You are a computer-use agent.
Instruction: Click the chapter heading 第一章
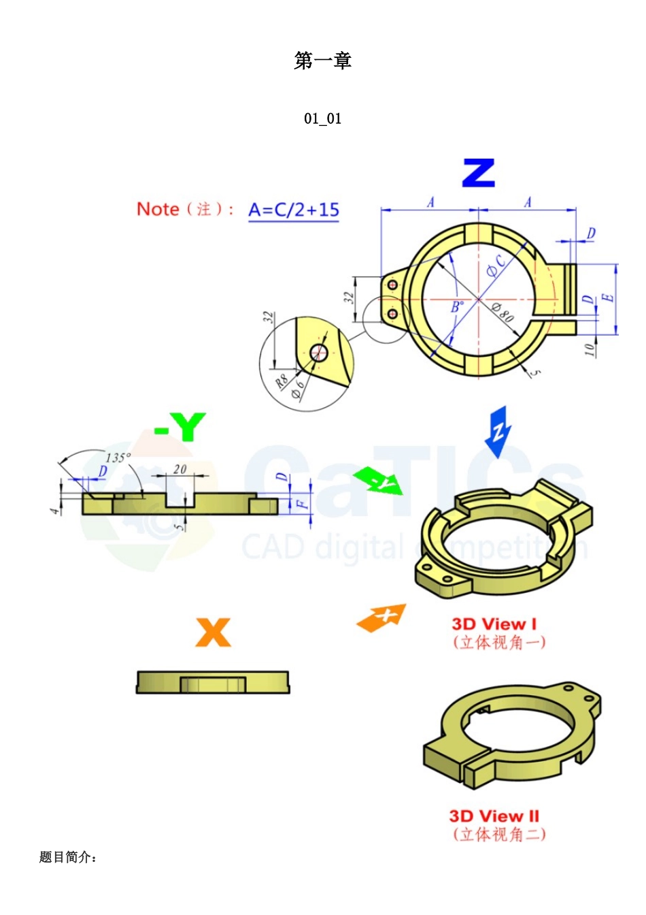point(322,61)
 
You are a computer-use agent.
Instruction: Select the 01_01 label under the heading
point(322,118)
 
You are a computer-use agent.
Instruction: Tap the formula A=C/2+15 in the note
point(293,210)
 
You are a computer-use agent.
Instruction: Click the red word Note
point(158,209)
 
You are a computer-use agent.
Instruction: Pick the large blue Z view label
point(478,174)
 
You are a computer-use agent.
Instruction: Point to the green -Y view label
point(180,428)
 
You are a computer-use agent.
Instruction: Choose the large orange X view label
point(213,632)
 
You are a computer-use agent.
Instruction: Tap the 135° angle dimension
point(118,457)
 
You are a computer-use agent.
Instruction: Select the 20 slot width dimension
point(180,469)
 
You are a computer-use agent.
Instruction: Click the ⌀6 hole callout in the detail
point(298,389)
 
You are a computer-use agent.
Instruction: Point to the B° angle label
point(458,307)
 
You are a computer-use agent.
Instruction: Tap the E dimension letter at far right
point(609,298)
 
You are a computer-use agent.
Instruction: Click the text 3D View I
point(494,624)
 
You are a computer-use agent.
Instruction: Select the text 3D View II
point(494,816)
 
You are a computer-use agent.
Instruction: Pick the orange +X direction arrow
point(382,617)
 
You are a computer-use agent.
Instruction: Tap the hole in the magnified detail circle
point(318,352)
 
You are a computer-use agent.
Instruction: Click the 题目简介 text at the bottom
point(68,857)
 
